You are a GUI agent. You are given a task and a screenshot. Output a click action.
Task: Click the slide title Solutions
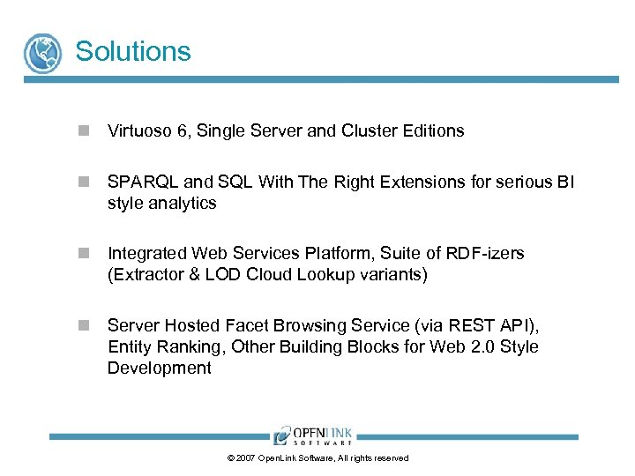point(133,51)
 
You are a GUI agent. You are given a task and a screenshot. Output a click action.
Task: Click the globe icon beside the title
point(42,53)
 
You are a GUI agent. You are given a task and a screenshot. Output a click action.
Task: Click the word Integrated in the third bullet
point(146,254)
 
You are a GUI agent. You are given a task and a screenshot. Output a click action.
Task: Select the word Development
point(159,368)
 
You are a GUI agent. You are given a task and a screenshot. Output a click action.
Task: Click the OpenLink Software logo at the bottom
point(313,435)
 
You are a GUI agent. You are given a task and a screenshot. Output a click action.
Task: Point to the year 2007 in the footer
point(245,458)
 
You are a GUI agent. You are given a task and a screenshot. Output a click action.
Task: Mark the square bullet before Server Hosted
point(82,325)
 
